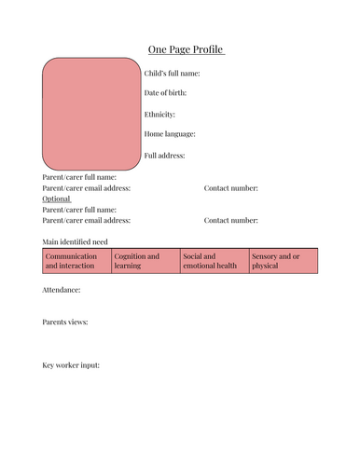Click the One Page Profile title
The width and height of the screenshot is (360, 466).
(x=186, y=49)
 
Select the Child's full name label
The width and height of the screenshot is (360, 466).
(x=173, y=73)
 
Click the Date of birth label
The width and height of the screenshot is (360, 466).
(x=166, y=93)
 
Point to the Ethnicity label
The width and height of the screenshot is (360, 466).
(x=159, y=114)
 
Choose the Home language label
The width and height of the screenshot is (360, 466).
(x=170, y=134)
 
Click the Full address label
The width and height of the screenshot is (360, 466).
(x=165, y=155)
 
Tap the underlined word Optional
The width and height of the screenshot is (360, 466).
(x=57, y=199)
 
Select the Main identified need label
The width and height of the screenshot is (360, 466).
(x=76, y=241)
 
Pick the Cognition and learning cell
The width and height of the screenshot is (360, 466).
(x=145, y=261)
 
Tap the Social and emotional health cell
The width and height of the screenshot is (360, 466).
(x=214, y=261)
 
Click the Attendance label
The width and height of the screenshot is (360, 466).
(x=62, y=290)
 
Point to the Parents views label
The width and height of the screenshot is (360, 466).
(x=65, y=322)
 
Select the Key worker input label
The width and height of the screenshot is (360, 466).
(x=71, y=364)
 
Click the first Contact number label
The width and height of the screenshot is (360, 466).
(x=231, y=188)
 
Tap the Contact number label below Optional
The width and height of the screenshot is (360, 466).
(x=231, y=220)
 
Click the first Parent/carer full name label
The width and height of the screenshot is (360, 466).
(x=79, y=177)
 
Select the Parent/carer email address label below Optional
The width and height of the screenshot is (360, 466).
(x=87, y=220)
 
